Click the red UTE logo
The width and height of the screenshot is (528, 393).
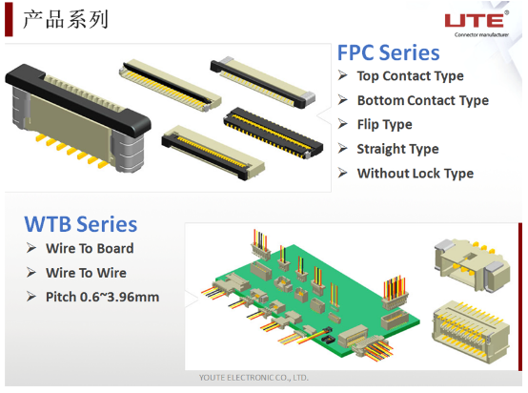[x=475, y=20]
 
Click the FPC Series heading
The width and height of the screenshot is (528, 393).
[x=388, y=52]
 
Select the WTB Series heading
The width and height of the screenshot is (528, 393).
[x=81, y=224]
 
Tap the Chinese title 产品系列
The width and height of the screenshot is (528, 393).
[x=66, y=19]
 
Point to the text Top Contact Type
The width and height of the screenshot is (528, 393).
[x=410, y=76]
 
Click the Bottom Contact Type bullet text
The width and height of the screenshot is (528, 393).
[x=423, y=100]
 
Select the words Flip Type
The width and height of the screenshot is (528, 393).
[x=384, y=125]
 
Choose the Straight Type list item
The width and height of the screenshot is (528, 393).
[x=397, y=149]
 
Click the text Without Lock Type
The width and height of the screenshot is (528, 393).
[x=416, y=174]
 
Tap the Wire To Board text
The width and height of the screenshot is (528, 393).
[x=90, y=248]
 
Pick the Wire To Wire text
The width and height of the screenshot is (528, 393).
[x=86, y=273]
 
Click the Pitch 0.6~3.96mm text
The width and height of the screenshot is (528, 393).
[x=102, y=297]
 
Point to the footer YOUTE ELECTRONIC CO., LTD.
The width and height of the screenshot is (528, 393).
[x=254, y=378]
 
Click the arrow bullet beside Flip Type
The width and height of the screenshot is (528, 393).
[x=343, y=124]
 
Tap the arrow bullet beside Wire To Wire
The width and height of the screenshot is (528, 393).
[x=31, y=272]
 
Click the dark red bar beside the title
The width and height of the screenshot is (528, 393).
[x=9, y=19]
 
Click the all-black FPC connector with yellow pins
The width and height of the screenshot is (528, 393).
[x=274, y=133]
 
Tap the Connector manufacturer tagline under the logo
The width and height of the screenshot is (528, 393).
[x=481, y=34]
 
